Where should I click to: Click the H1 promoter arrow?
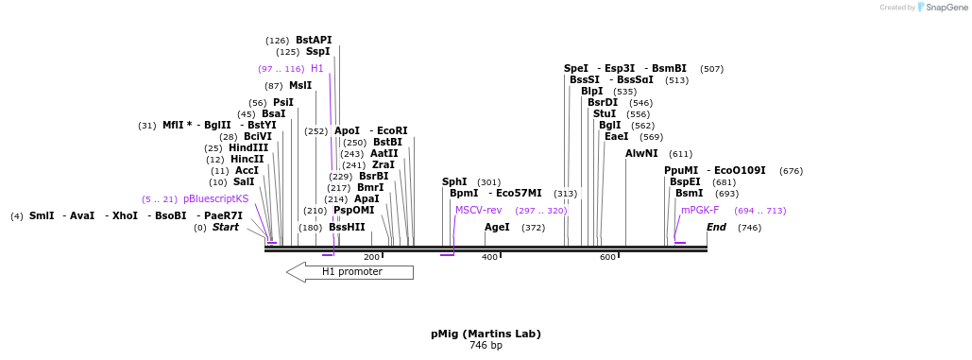click(x=350, y=272)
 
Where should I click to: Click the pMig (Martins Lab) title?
click(x=486, y=334)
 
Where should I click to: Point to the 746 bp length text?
click(x=486, y=346)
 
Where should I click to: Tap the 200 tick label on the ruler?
click(x=371, y=257)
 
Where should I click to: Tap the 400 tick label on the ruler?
click(x=489, y=257)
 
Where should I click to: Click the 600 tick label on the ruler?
click(x=607, y=257)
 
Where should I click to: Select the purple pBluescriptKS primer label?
click(x=216, y=199)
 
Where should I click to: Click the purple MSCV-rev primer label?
click(x=478, y=211)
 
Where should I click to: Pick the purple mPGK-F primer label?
click(x=700, y=211)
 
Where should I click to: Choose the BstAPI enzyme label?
click(x=314, y=41)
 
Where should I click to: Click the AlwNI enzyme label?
click(x=641, y=154)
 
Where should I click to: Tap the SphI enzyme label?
click(x=454, y=182)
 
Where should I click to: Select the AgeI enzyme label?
click(x=497, y=228)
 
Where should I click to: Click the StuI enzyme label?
click(x=605, y=114)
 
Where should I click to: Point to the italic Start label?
click(x=226, y=228)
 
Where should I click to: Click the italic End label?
click(x=716, y=228)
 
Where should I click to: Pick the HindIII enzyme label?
click(x=248, y=148)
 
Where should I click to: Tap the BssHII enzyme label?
click(x=347, y=228)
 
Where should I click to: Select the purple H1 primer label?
click(x=317, y=69)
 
